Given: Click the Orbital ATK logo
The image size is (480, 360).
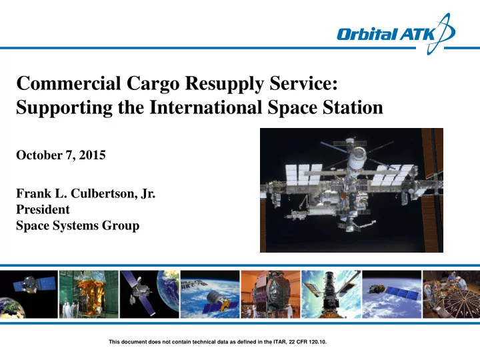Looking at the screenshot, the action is pyautogui.click(x=395, y=34).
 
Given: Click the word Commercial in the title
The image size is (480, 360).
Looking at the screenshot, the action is pyautogui.click(x=69, y=83).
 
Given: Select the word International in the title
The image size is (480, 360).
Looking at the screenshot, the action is pyautogui.click(x=205, y=107).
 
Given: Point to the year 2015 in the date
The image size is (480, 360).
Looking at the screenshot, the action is pyautogui.click(x=92, y=155).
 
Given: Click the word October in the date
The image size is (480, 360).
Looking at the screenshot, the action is pyautogui.click(x=39, y=155).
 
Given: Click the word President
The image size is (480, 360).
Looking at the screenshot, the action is pyautogui.click(x=43, y=209).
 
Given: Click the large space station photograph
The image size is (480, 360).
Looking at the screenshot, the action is pyautogui.click(x=351, y=190).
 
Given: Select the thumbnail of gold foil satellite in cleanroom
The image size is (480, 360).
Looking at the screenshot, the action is pyautogui.click(x=89, y=294).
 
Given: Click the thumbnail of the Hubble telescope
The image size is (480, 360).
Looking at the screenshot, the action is pyautogui.click(x=331, y=294).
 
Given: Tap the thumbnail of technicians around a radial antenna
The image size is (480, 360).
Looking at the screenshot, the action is pyautogui.click(x=451, y=294).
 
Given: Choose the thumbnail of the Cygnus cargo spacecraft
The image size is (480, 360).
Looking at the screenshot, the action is pyautogui.click(x=210, y=294).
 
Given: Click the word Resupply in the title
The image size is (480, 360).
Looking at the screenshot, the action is pyautogui.click(x=225, y=84).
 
